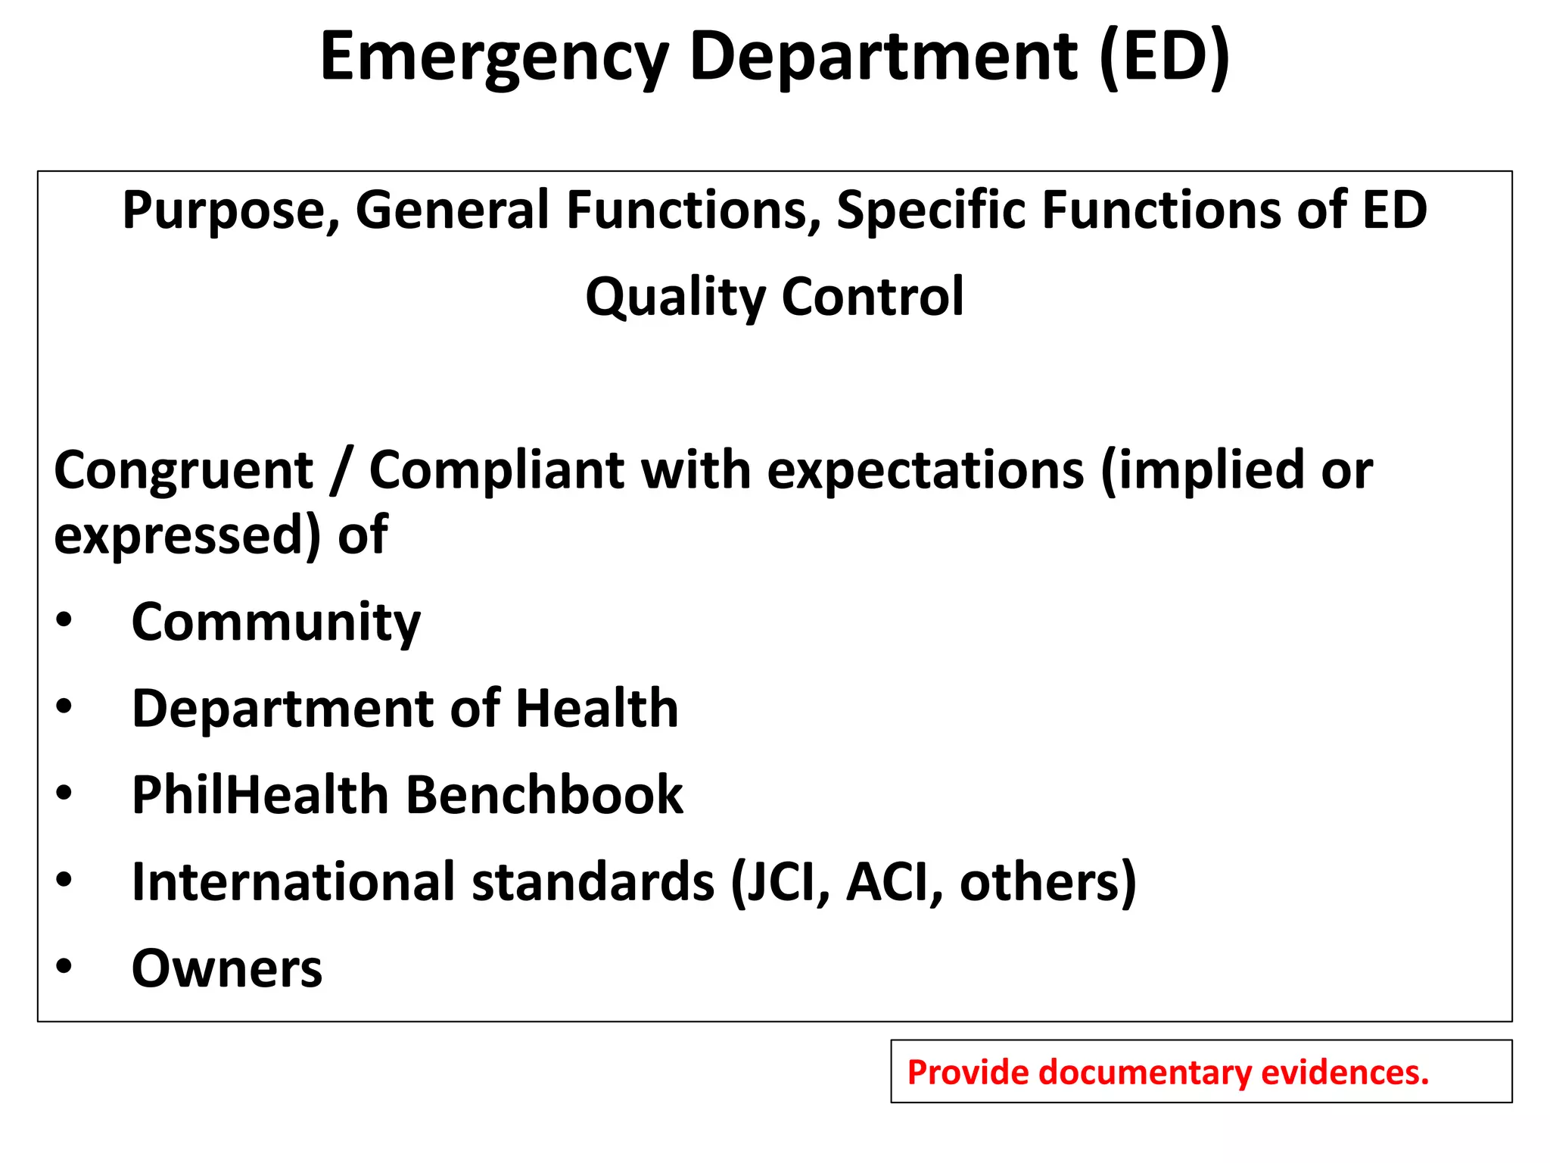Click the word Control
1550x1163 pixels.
[873, 297]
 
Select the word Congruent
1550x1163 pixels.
[184, 471]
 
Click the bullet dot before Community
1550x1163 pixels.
[64, 620]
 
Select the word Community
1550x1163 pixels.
[275, 622]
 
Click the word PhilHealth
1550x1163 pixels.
[260, 795]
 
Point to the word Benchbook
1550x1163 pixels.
[544, 795]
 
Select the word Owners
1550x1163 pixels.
[226, 968]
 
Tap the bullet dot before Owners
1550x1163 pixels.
[64, 967]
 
